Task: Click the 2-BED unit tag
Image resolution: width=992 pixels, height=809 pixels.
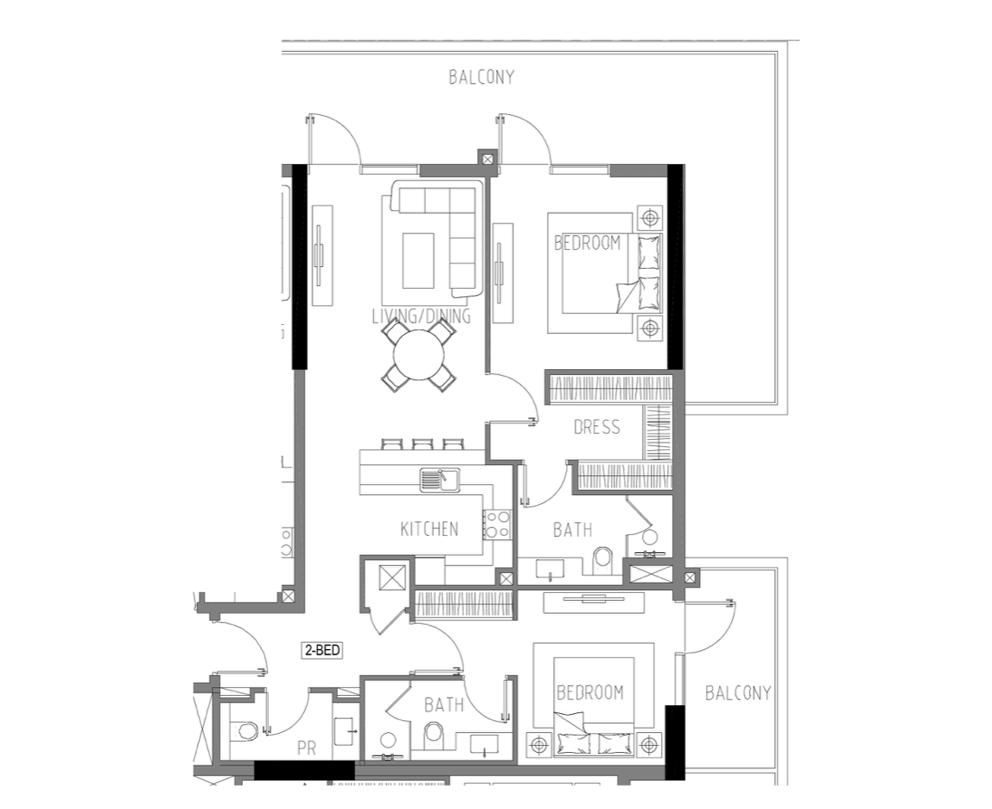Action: coord(322,650)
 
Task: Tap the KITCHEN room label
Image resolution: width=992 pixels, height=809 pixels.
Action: coord(429,529)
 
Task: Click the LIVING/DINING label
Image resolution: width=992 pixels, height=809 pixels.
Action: coord(422,315)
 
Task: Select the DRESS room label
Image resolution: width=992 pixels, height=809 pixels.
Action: coord(596,427)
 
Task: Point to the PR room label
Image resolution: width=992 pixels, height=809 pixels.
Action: coord(306,748)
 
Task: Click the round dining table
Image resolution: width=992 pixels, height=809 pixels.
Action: coord(419,354)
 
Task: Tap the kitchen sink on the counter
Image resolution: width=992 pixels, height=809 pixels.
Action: coord(440,479)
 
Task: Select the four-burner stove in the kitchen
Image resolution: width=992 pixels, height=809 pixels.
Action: coord(497,525)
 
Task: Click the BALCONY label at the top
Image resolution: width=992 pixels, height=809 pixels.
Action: coord(481,77)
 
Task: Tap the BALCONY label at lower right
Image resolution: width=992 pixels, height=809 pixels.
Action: coord(738,693)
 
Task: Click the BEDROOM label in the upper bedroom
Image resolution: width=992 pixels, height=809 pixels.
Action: coord(587,243)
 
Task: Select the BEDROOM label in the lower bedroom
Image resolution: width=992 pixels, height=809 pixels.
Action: coord(589,693)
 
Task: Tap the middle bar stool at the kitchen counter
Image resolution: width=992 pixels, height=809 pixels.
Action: coord(422,444)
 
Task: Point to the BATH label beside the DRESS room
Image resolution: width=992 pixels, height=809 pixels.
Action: coord(573,529)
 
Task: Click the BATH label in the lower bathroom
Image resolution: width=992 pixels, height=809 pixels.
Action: coord(443,704)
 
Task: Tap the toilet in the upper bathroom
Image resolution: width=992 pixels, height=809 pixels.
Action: coord(603,561)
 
